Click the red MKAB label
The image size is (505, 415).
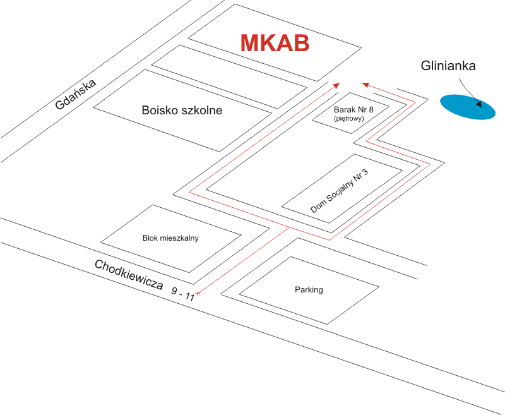tap(275, 43)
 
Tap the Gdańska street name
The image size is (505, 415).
tap(75, 94)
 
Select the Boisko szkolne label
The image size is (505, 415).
tap(182, 110)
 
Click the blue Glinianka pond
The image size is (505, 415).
tap(468, 107)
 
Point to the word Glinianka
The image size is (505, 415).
tap(448, 66)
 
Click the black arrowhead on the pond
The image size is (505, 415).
tap(479, 104)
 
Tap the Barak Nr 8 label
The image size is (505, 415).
tap(353, 109)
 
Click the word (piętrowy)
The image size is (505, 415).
tap(349, 119)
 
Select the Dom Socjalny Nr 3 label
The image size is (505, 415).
tap(339, 191)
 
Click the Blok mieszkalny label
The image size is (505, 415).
tap(170, 238)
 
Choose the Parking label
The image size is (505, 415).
tap(309, 290)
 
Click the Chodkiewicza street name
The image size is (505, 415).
tap(129, 275)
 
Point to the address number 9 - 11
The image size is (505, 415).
tap(183, 294)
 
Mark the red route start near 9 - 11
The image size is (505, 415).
tap(198, 293)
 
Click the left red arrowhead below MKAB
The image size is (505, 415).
tap(336, 85)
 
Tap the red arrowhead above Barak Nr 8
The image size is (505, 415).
tap(365, 85)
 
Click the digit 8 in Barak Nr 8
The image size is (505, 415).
tap(371, 109)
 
